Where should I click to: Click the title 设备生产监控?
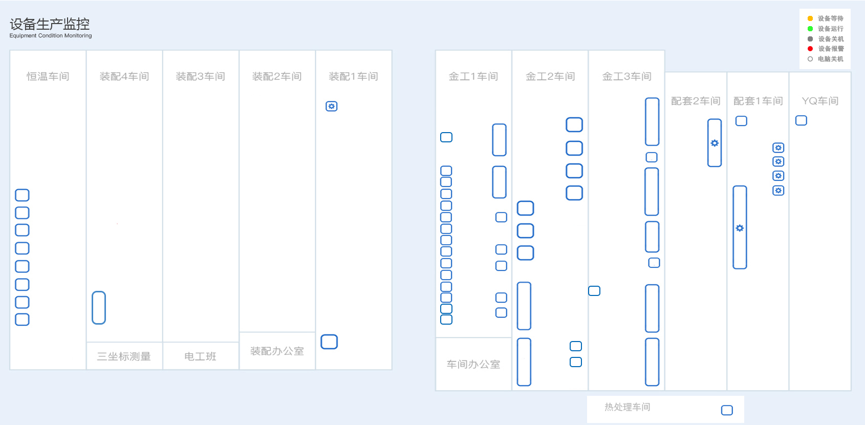(50, 24)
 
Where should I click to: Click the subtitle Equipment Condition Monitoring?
(51, 35)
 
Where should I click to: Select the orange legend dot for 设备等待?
(810, 18)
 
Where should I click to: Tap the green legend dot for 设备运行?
(810, 29)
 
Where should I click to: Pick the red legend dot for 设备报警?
(810, 49)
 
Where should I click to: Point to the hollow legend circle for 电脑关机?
(810, 59)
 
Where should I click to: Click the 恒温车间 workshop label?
(48, 76)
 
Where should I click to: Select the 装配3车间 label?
(201, 76)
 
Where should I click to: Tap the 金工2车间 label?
(550, 76)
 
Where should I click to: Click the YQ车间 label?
(820, 101)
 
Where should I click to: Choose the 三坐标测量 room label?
(123, 356)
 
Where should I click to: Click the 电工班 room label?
(200, 356)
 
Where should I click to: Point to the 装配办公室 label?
(277, 351)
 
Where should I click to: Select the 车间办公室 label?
(473, 364)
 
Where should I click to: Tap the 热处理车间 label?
(627, 407)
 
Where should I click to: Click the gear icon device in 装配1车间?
(331, 107)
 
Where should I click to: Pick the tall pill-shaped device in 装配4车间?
(99, 308)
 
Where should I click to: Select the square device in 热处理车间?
(727, 410)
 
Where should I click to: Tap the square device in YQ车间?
(802, 120)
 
